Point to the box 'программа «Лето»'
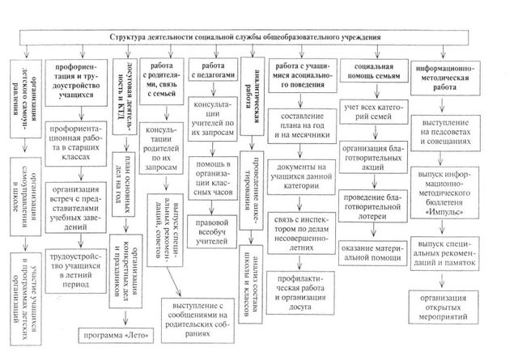click(x=113, y=332)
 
